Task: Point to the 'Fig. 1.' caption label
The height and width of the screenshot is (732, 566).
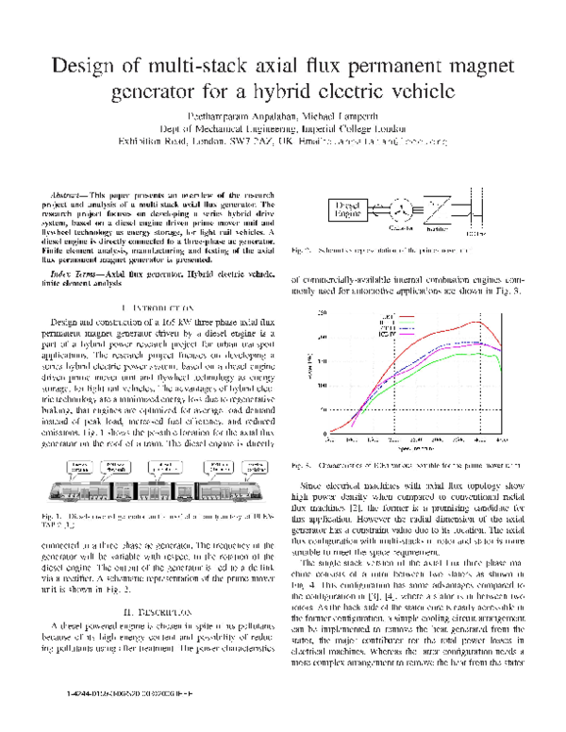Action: (53, 517)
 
